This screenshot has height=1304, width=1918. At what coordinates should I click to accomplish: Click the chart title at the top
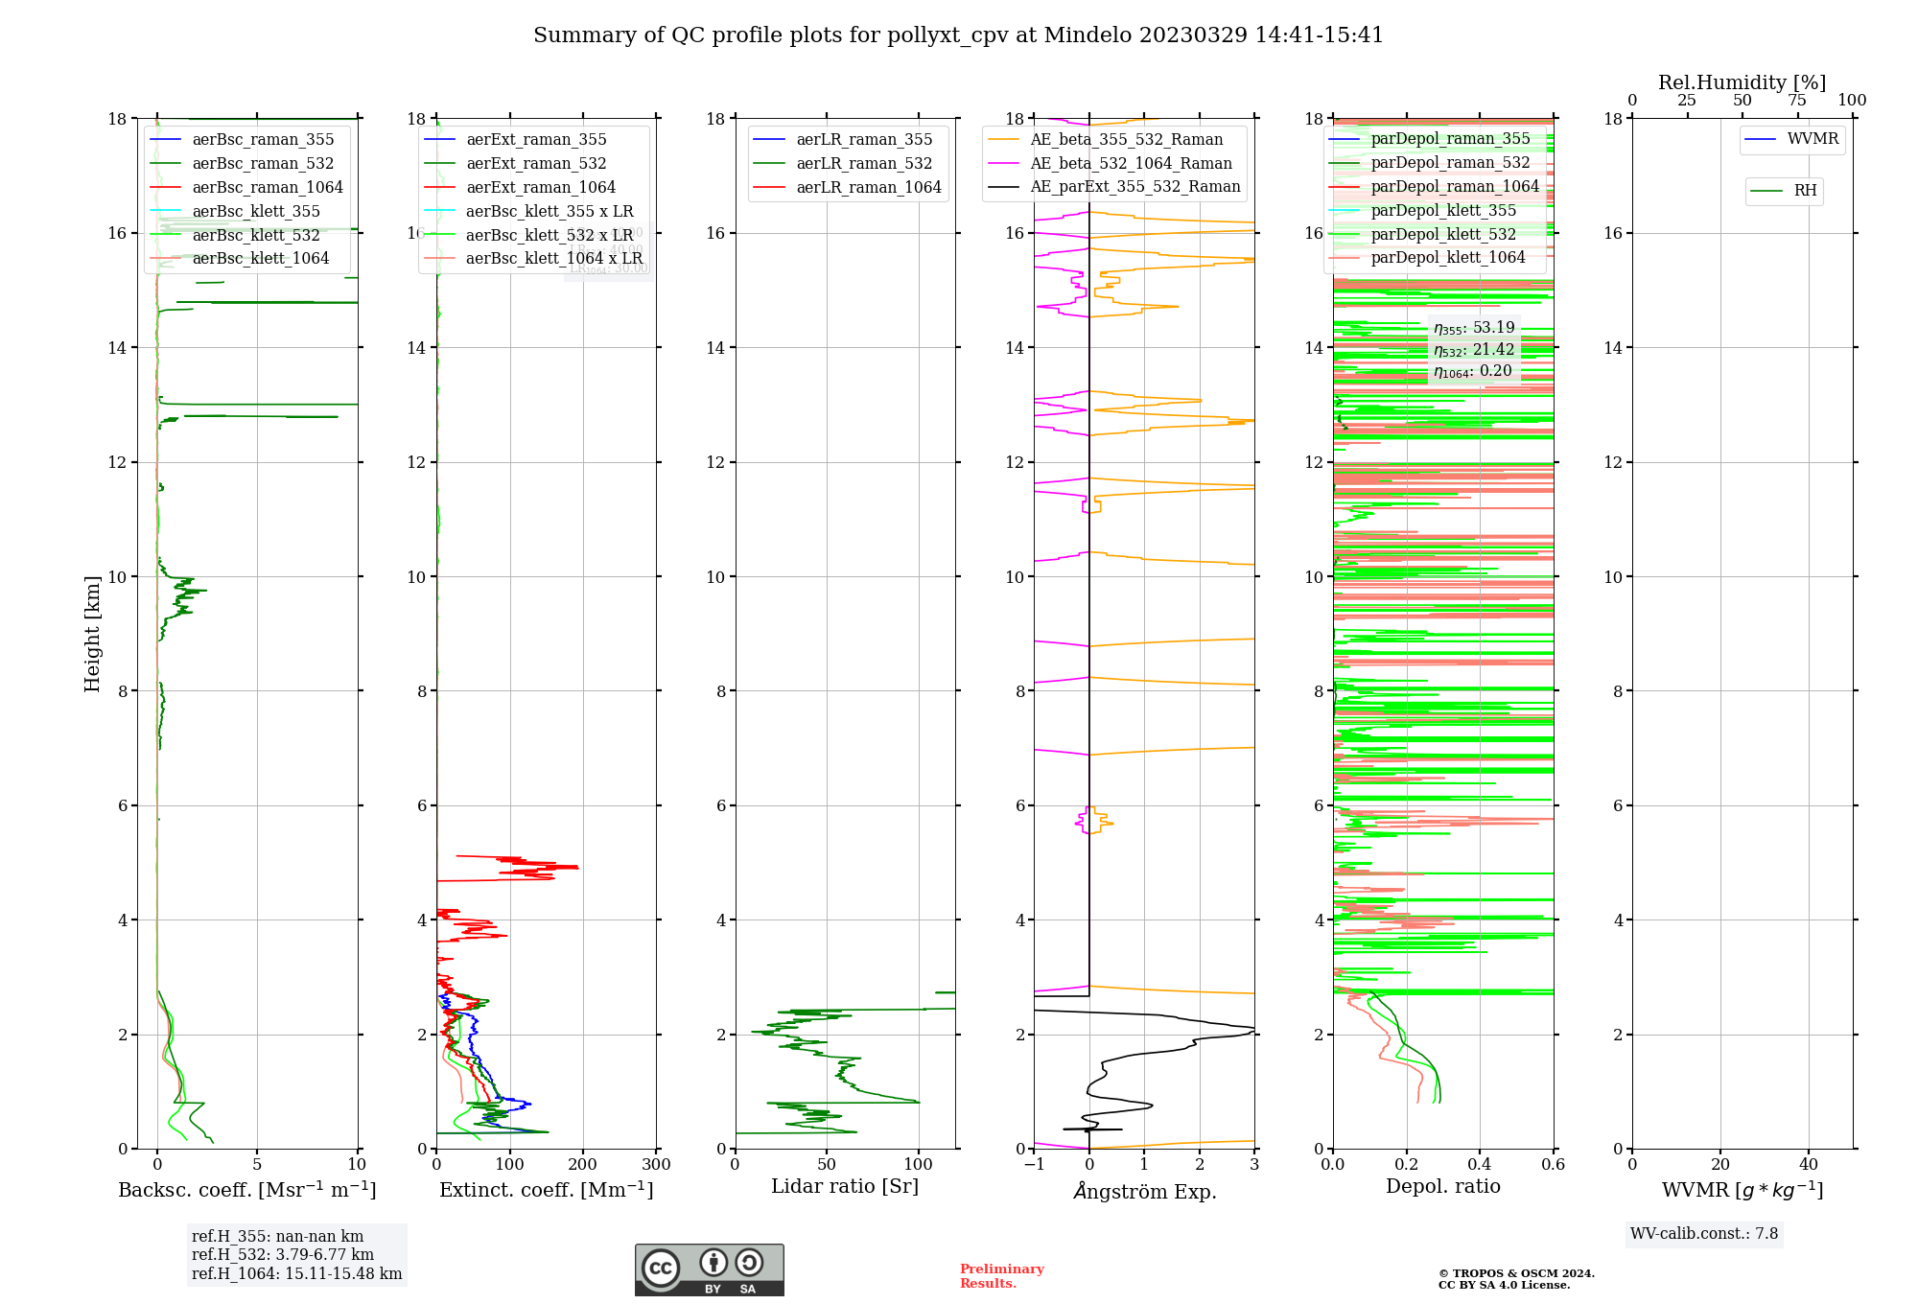(958, 35)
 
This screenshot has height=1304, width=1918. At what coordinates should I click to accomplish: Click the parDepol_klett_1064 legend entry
(1448, 258)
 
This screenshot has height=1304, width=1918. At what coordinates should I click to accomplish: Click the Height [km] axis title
(92, 634)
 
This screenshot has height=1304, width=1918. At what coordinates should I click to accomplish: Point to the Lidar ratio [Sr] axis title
(845, 1187)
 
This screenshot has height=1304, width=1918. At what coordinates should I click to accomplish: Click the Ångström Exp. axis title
(1145, 1192)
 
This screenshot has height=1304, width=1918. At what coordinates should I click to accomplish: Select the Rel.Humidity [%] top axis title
(1742, 83)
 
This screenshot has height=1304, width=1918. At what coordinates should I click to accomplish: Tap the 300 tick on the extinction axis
(657, 1165)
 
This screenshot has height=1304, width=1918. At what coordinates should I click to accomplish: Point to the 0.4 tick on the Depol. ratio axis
(1480, 1165)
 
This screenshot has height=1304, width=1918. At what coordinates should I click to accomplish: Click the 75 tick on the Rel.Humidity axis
(1797, 101)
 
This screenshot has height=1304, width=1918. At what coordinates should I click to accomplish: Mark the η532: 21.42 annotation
(1474, 350)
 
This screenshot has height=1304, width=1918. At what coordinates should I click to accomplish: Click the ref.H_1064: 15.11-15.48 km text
(296, 1274)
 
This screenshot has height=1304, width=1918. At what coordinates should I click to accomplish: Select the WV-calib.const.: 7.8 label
(1704, 1234)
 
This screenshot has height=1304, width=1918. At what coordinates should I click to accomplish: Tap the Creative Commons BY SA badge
(709, 1270)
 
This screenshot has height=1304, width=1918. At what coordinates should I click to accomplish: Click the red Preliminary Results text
(1001, 1276)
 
